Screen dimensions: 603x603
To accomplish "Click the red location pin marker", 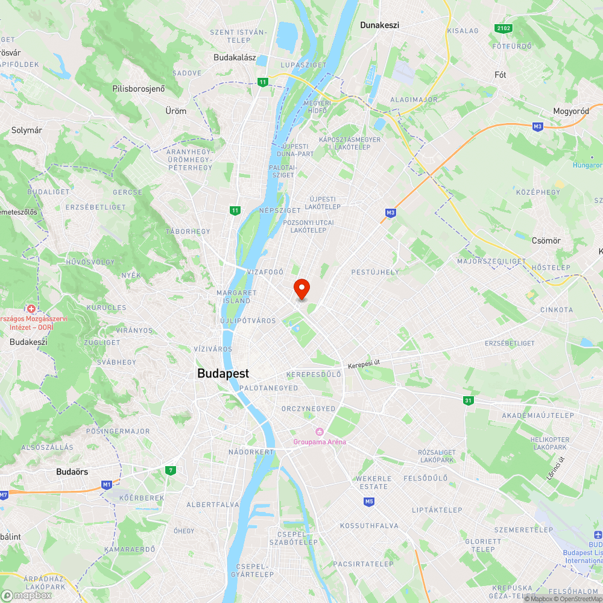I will point(301,289).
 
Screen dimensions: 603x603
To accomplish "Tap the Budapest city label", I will point(223,373).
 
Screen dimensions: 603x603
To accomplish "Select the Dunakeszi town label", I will point(380,25).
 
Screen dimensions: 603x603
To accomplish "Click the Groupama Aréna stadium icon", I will point(320,432).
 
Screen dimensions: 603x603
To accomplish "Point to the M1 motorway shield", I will point(107,484).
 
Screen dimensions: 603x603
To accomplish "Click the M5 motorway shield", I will point(369,501).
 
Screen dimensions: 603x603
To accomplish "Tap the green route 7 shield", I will point(171,470).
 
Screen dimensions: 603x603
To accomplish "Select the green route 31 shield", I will point(469,400).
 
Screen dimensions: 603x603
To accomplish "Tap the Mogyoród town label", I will point(571,112).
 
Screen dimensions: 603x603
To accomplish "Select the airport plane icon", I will point(598,535).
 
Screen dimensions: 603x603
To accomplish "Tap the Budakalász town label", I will point(235,58).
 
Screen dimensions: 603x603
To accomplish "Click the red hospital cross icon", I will point(31,309).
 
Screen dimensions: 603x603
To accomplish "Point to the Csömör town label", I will point(546,241).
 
